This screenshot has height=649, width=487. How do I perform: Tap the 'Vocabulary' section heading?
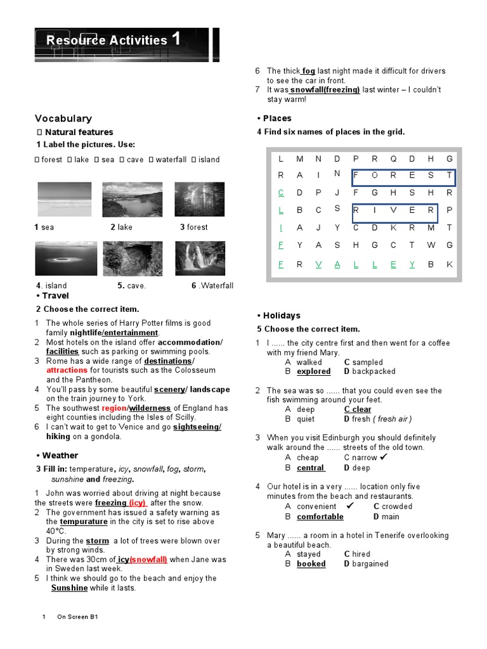[63, 119]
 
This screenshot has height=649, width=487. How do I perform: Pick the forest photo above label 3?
[199, 200]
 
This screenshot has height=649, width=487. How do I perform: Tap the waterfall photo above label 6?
[199, 259]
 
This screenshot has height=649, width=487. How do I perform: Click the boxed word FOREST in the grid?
[403, 175]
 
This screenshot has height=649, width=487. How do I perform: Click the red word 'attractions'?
[67, 370]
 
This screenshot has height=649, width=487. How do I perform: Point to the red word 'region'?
[113, 408]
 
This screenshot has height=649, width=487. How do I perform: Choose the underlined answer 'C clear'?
[358, 409]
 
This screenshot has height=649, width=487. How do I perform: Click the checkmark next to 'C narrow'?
[383, 457]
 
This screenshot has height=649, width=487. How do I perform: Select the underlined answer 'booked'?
[311, 563]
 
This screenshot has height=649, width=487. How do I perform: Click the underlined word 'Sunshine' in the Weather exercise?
[70, 588]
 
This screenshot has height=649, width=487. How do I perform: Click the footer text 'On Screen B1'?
[77, 617]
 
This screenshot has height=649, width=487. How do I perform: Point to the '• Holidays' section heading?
[279, 316]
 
